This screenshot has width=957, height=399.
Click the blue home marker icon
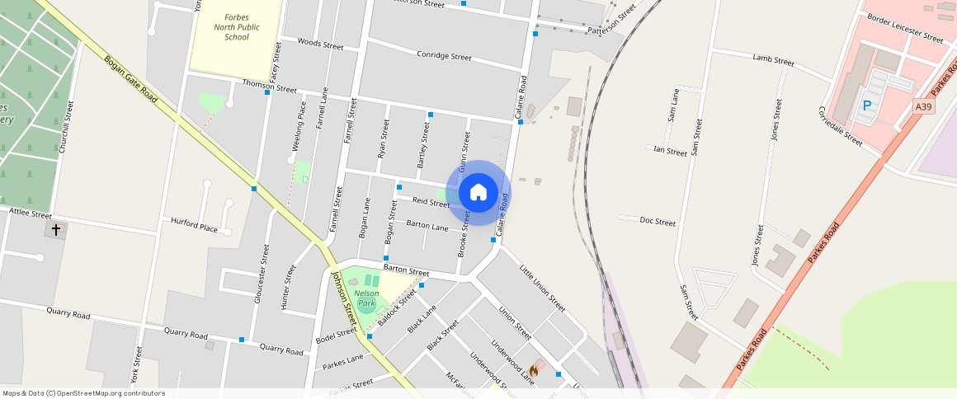478,193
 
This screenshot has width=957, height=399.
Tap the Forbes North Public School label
237,27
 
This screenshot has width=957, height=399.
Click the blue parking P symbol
866,106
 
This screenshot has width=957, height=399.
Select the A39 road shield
924,106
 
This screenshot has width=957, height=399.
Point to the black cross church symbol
56,230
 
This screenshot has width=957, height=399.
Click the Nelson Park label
366,293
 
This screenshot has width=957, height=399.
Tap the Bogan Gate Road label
130,79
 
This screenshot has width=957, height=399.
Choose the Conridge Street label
444,57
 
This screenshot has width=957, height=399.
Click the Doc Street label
658,223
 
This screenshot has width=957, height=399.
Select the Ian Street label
670,152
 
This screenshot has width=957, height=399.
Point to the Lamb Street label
773,60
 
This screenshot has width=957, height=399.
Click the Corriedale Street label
840,126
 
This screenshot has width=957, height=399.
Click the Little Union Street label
542,287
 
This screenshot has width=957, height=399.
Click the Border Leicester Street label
905,28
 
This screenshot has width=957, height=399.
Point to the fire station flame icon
534,370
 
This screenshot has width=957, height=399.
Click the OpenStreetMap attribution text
83,393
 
